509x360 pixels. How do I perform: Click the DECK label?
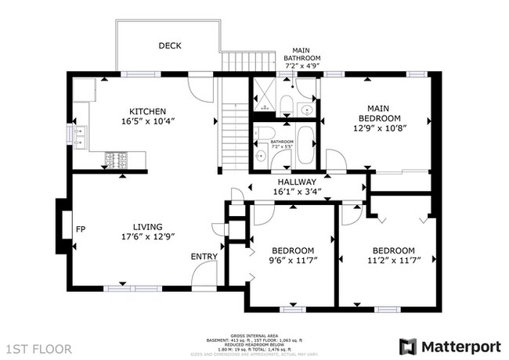pos(170,46)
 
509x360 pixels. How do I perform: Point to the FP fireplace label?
pos(80,229)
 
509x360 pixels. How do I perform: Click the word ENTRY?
pos(204,256)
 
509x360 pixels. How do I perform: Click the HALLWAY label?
pos(295,181)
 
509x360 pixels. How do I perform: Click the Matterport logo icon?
pos(407,346)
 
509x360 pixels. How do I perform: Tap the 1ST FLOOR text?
pos(38,347)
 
